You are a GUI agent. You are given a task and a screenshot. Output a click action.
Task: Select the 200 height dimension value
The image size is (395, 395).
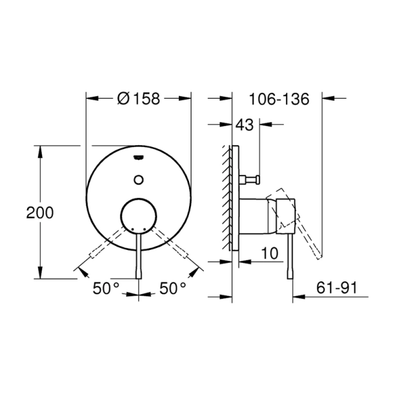tap(40, 212)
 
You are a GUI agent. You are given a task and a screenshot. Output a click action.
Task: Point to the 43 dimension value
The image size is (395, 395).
tap(245, 125)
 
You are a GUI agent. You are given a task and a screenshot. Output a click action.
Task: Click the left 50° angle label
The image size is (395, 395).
tap(106, 289)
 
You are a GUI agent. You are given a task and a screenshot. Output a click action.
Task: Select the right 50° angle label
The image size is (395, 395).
tap(172, 289)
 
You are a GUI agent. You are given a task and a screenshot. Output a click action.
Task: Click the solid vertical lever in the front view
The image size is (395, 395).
tap(139, 255)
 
